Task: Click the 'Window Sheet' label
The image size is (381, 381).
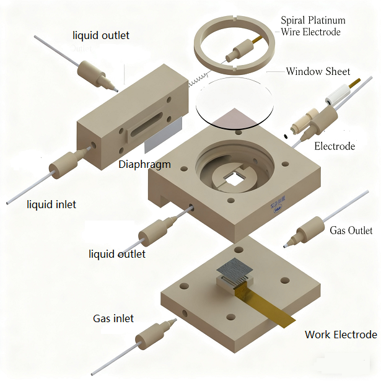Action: click(318, 71)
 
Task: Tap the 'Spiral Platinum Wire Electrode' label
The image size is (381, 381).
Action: click(313, 26)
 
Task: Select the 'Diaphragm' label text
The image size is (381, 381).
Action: click(144, 165)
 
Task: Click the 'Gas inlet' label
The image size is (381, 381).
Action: click(113, 318)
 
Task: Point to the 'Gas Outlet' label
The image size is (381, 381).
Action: click(351, 230)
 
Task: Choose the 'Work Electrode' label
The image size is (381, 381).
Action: click(340, 335)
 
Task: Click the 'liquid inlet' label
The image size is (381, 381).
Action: click(51, 204)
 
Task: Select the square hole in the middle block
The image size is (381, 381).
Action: click(234, 180)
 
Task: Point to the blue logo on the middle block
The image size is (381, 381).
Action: click(275, 212)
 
